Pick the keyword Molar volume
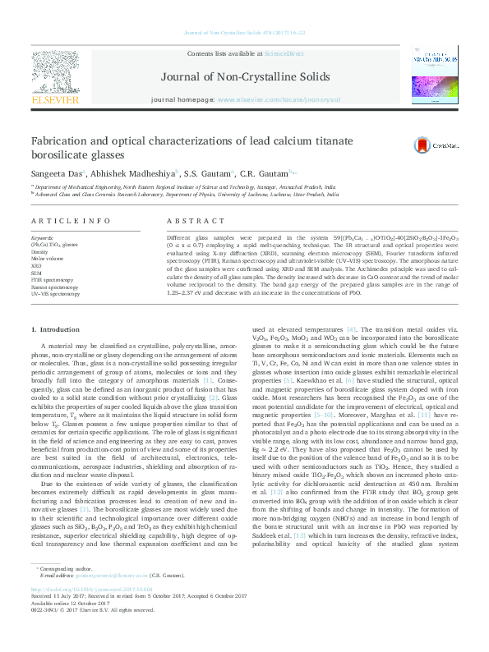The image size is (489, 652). [x=48, y=258]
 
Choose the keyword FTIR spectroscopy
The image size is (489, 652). [x=53, y=280]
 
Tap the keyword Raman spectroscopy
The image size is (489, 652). [x=56, y=287]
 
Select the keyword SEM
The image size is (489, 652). [x=38, y=273]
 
